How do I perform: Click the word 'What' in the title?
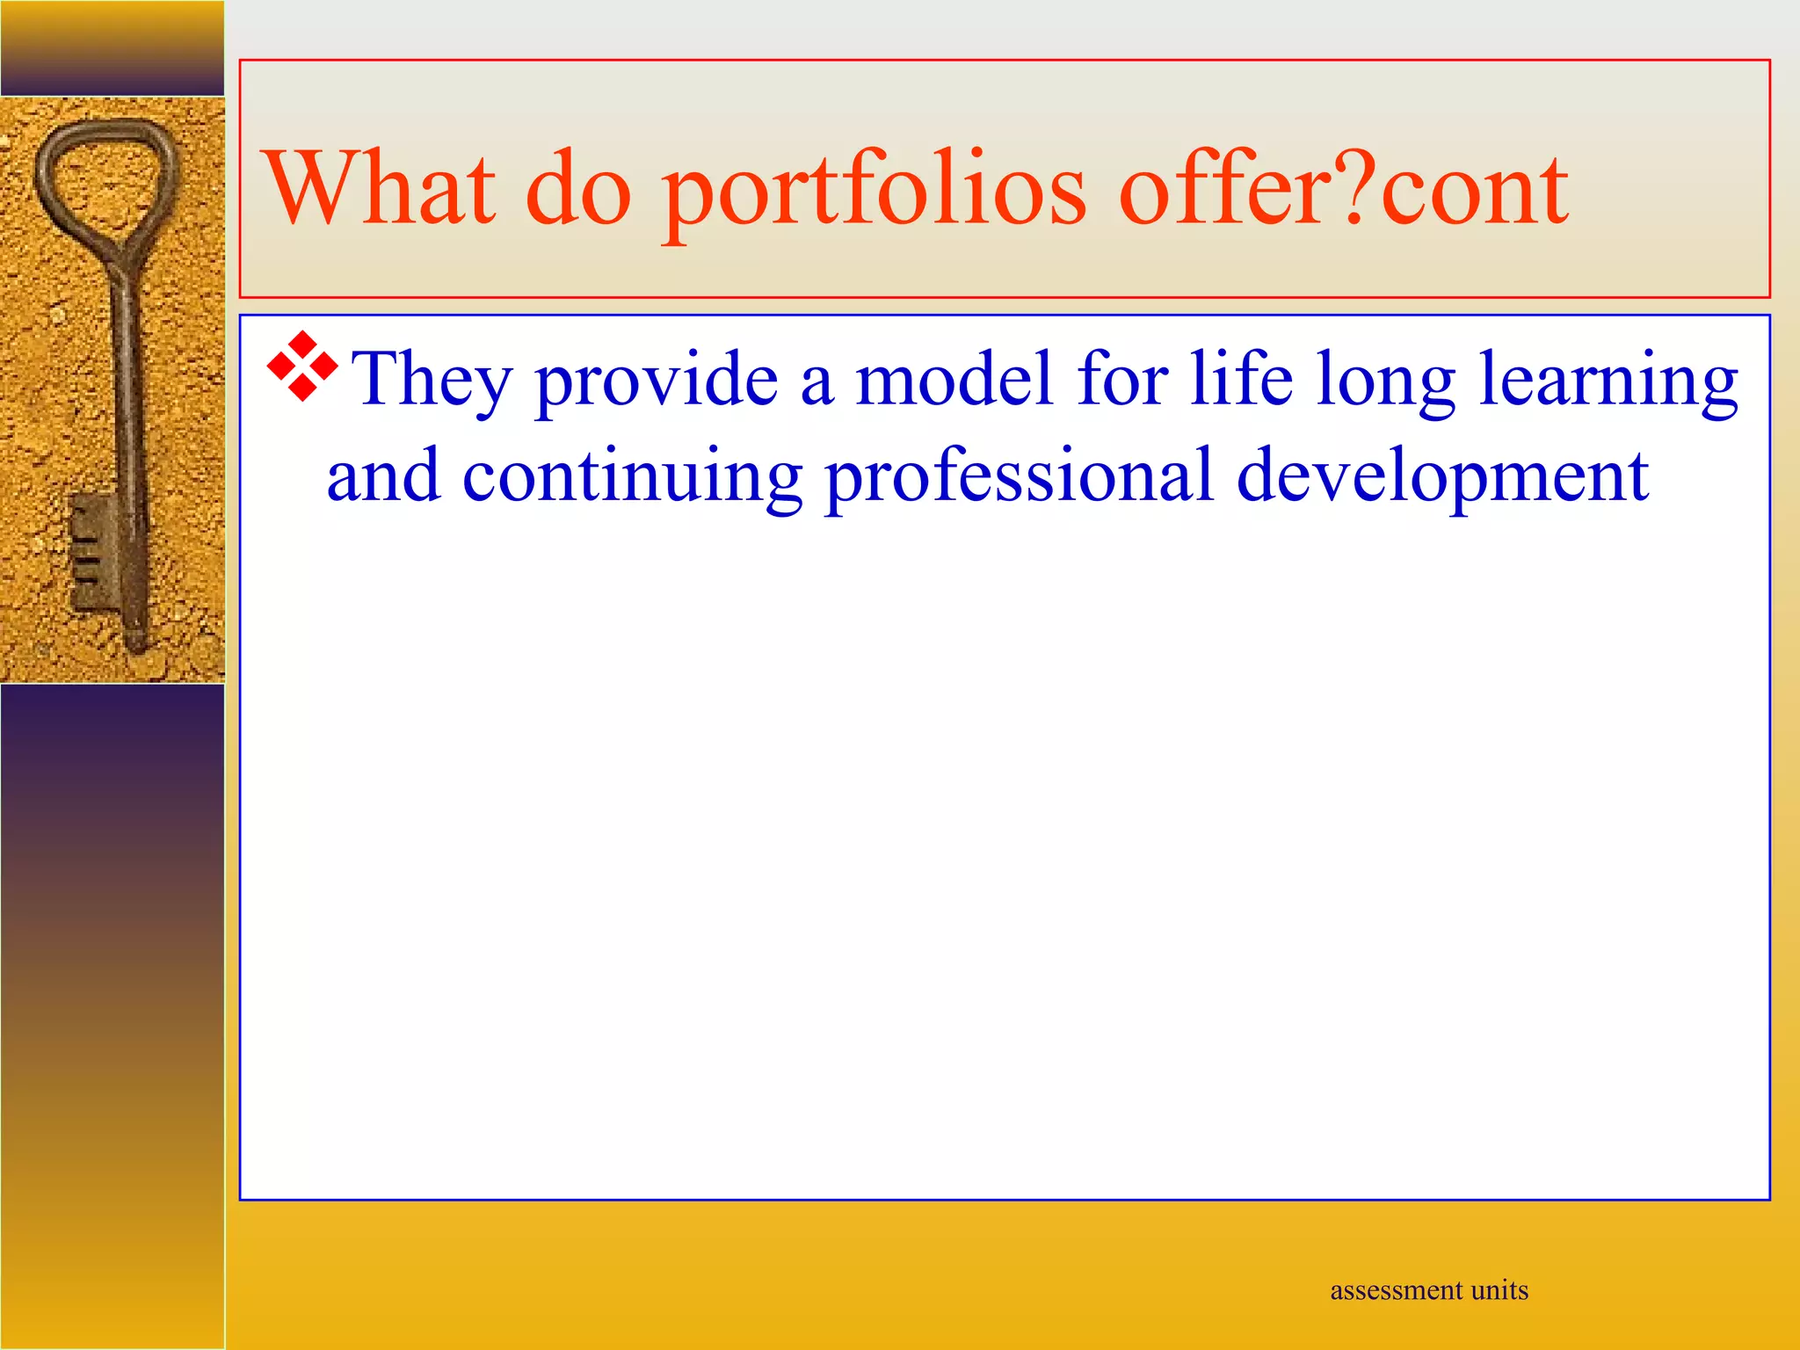click(378, 189)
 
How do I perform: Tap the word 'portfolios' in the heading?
click(875, 192)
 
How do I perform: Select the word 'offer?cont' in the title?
click(1343, 189)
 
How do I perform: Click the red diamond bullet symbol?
click(302, 367)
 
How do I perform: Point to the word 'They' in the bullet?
click(432, 380)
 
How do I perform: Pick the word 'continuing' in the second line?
click(632, 476)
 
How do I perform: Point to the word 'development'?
click(1441, 476)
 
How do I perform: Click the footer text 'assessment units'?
click(1429, 1290)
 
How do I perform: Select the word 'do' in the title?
click(578, 189)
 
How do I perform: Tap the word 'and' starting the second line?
click(383, 476)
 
